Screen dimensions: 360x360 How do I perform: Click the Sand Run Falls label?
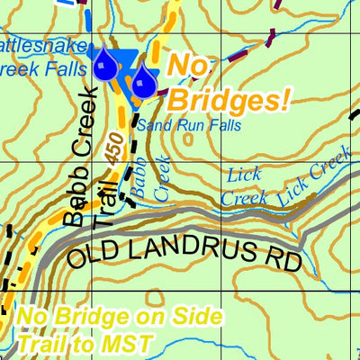[x=189, y=126]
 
